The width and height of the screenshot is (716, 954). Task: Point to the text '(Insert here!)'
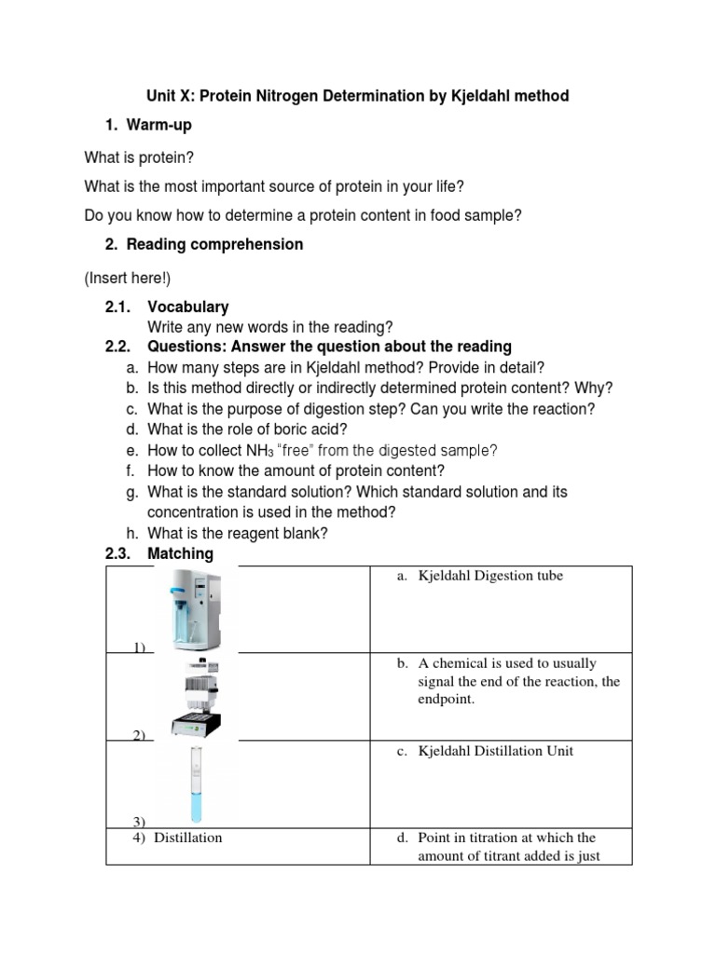click(x=128, y=278)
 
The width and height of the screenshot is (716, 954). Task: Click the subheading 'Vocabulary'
click(x=187, y=307)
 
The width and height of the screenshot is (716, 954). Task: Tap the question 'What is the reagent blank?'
click(x=238, y=533)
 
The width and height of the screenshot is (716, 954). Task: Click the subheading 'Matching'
click(x=180, y=553)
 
